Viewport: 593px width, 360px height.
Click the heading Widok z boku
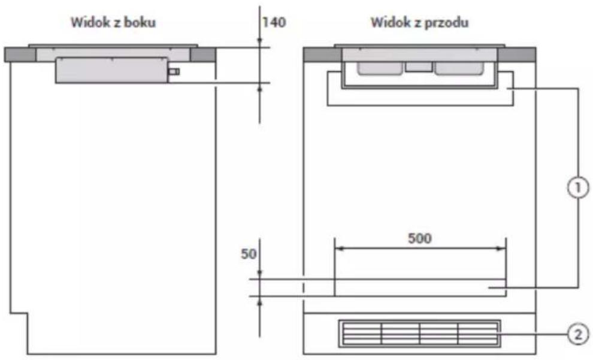[x=113, y=22]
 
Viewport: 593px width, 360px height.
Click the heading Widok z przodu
[x=419, y=22]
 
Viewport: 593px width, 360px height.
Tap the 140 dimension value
[x=274, y=22]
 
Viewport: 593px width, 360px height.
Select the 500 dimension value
[x=420, y=238]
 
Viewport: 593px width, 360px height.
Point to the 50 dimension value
[x=249, y=254]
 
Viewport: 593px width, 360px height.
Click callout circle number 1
[x=578, y=187]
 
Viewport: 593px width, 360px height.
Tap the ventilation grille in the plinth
[x=419, y=334]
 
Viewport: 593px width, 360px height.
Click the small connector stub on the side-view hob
[x=174, y=71]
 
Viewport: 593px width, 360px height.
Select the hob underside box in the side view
[x=111, y=70]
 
